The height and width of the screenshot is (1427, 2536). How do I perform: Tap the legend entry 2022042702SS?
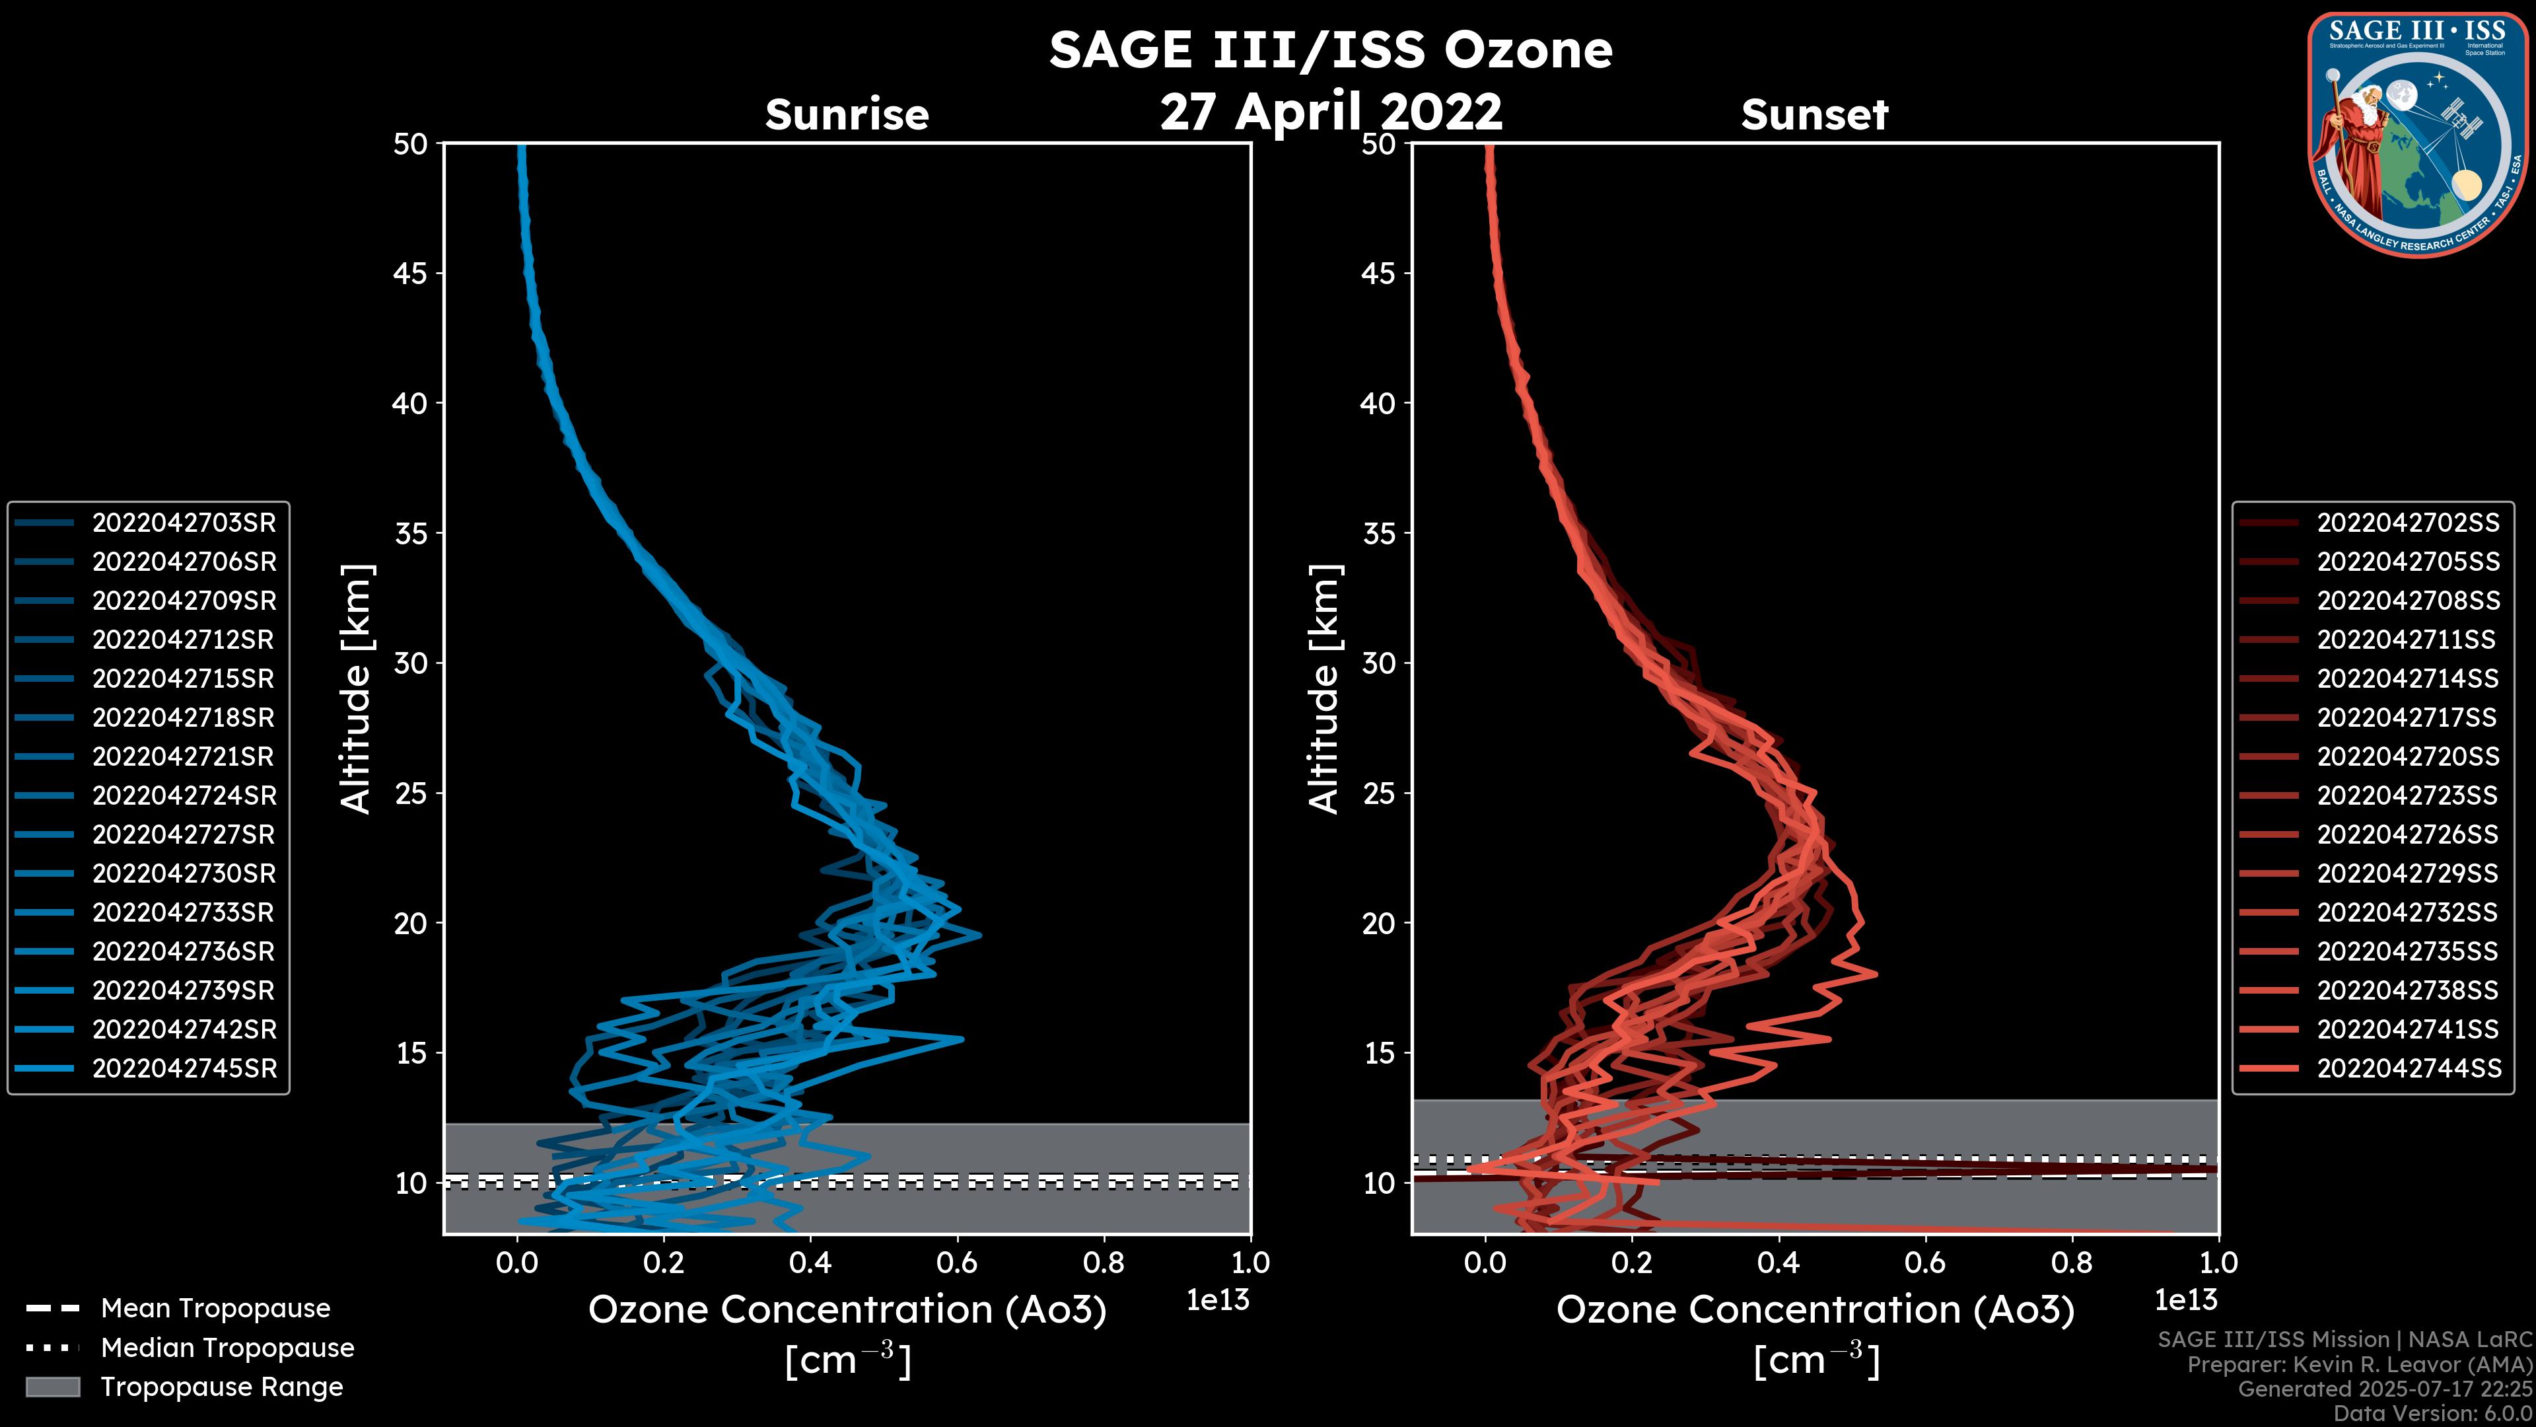coord(2407,523)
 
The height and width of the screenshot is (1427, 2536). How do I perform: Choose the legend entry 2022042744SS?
coord(2407,1068)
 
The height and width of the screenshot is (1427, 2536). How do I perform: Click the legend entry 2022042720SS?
coord(2407,756)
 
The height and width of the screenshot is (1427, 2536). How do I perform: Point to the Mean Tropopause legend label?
coord(215,1309)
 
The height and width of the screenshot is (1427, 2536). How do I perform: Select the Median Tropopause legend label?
coord(227,1348)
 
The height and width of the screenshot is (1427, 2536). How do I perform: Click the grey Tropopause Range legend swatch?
coord(52,1387)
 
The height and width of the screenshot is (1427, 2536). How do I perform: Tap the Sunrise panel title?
coord(847,115)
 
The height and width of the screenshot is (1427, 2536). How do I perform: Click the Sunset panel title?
coord(1814,115)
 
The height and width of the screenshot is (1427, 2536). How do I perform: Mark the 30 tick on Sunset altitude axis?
coord(1378,664)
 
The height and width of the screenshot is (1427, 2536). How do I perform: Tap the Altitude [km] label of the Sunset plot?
coord(1324,689)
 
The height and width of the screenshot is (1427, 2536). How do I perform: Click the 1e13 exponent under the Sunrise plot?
coord(1216,1300)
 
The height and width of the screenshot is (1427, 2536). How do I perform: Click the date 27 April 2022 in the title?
coord(1331,111)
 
